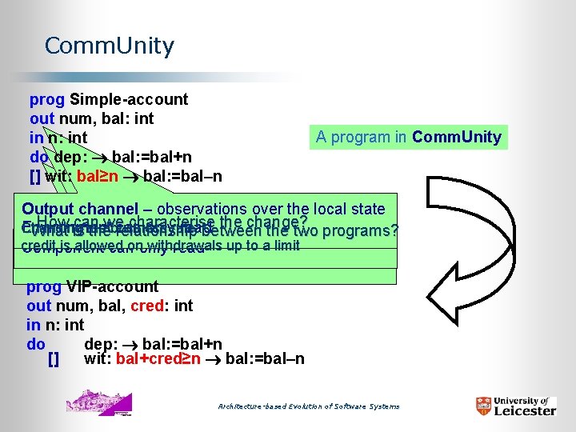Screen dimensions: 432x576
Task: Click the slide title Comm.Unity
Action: click(109, 46)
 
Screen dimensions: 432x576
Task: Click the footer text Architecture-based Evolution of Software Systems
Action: click(309, 406)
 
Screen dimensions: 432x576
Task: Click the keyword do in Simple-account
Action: click(38, 156)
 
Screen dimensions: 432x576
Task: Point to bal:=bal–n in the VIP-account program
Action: click(265, 358)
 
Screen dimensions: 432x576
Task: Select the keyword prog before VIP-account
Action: click(42, 286)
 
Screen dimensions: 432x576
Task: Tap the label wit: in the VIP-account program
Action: click(97, 358)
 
